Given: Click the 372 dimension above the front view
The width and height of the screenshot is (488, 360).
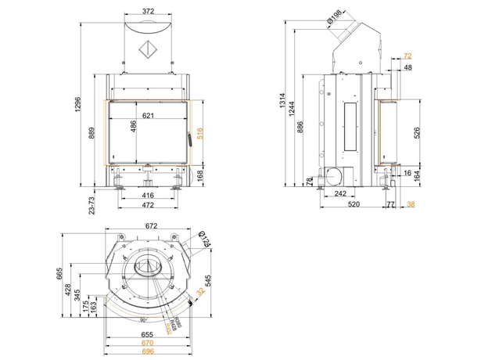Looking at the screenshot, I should [148, 11].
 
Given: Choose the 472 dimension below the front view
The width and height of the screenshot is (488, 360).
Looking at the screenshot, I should [148, 205].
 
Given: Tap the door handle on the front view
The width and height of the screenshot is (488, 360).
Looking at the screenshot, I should [188, 141].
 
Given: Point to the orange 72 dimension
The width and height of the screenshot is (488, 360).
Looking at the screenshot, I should [407, 56].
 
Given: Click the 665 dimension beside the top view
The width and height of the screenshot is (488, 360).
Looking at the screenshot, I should [59, 273].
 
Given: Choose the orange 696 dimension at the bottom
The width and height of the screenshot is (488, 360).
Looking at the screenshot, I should [145, 351].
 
